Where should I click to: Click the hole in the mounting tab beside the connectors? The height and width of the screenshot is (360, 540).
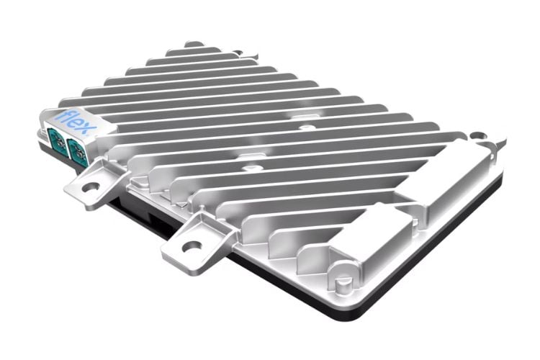click(x=91, y=186)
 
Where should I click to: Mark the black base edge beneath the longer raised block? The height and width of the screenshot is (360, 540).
click(x=461, y=216)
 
